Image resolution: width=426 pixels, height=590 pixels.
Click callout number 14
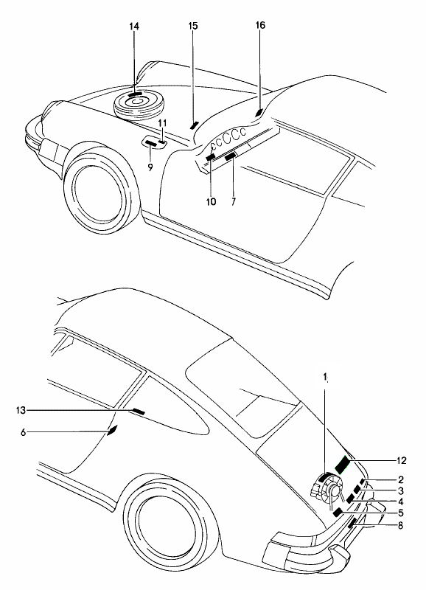[x=134, y=27]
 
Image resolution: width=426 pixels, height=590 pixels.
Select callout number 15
[x=193, y=26]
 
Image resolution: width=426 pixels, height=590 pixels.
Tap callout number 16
[x=260, y=25]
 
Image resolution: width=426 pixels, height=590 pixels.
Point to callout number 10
[x=211, y=201]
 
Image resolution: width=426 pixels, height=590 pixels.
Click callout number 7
[x=234, y=201]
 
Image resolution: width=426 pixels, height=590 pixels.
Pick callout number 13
[x=21, y=410]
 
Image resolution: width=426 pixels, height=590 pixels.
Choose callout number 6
[x=24, y=432]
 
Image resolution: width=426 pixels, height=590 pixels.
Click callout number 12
[x=401, y=460]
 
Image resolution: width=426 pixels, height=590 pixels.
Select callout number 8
[x=400, y=525]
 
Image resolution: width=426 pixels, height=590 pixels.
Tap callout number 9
[x=150, y=168]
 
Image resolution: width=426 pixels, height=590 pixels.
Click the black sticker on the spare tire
[x=135, y=94]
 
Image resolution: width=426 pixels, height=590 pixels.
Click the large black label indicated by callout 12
[x=342, y=464]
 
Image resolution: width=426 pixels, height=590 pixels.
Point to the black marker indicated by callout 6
[x=113, y=430]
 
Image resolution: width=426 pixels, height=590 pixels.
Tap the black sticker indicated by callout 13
[x=138, y=412]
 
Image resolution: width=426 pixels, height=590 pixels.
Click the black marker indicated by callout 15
[x=194, y=125]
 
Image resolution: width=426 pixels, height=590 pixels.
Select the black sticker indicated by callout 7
[x=230, y=155]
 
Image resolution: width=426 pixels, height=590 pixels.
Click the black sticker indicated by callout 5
[x=338, y=512]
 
